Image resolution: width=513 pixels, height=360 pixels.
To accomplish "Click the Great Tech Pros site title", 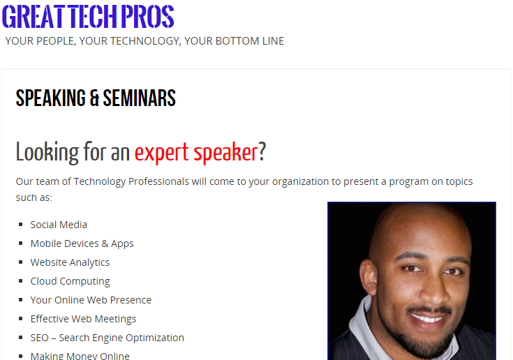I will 88,17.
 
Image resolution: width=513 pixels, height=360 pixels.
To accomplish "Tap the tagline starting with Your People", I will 144,41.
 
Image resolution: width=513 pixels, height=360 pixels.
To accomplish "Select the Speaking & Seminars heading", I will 96,98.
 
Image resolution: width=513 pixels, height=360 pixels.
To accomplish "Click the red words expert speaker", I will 196,152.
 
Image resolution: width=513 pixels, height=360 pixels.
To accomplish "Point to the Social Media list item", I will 59,225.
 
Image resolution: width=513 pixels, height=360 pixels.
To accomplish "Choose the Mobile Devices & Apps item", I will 82,243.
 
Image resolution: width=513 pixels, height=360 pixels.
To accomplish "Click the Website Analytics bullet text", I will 70,262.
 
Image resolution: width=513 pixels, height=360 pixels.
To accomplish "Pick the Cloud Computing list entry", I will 70,281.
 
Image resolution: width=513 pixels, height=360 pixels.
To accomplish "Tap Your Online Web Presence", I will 91,300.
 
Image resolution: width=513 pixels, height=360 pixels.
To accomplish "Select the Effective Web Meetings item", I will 83,319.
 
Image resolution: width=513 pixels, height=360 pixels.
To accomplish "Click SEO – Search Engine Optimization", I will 107,338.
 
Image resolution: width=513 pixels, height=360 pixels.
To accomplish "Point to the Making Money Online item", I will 80,355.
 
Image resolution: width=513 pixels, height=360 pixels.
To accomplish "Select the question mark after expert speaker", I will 262,152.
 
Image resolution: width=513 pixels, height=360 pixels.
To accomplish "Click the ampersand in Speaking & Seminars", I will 94,98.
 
